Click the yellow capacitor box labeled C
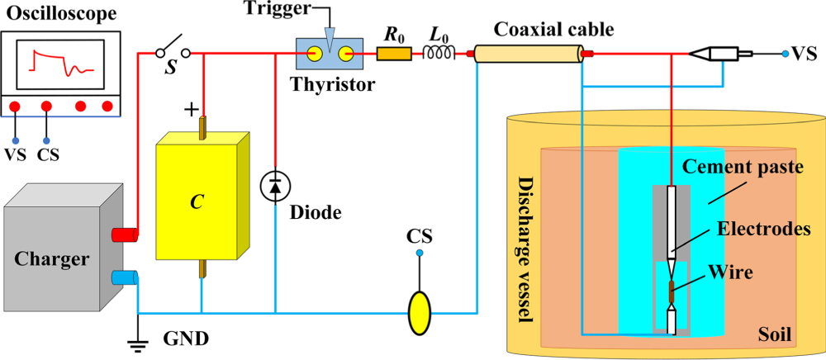198,198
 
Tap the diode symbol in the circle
274,187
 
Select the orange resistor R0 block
394,54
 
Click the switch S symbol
173,52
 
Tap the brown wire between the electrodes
672,291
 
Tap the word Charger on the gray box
51,259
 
